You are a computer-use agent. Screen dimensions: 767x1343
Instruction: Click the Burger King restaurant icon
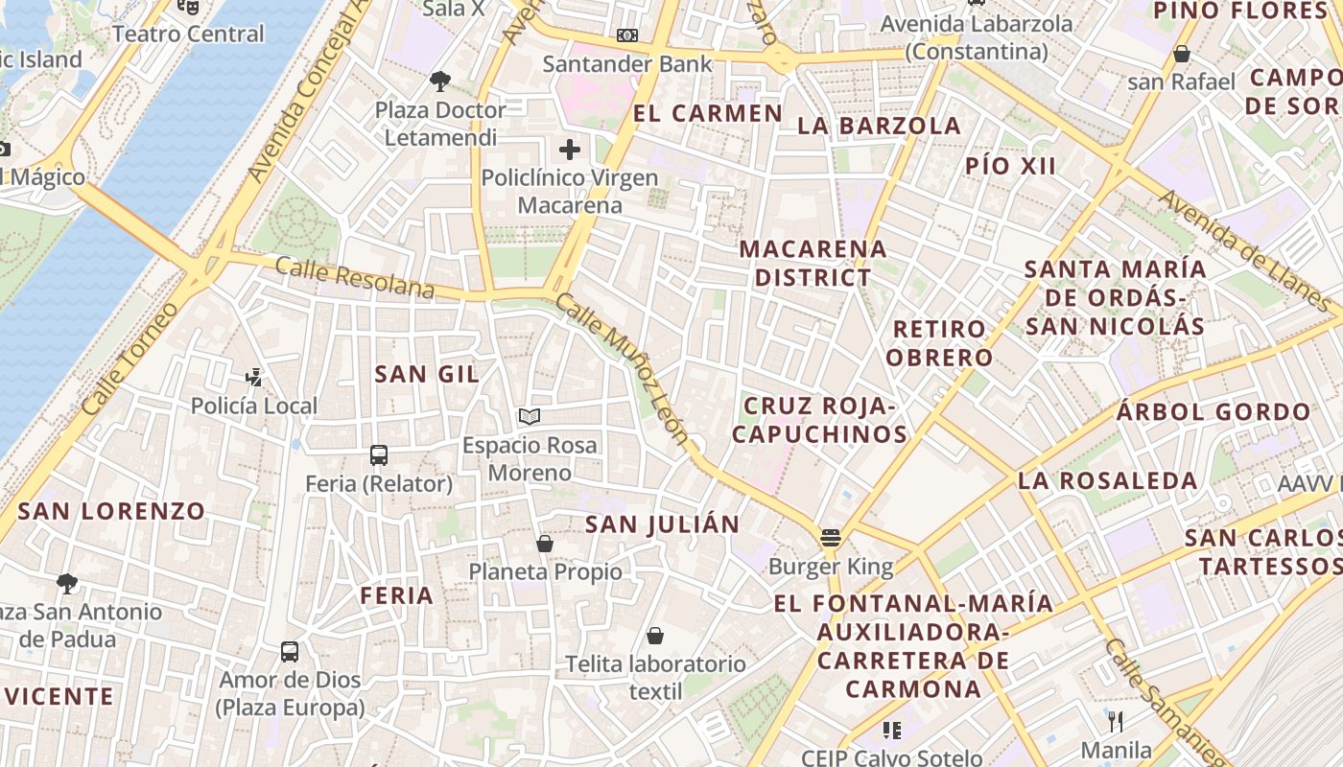pyautogui.click(x=831, y=538)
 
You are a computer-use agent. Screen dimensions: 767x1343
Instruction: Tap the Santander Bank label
pyautogui.click(x=627, y=64)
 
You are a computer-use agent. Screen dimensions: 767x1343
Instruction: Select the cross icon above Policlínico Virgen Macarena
pyautogui.click(x=570, y=150)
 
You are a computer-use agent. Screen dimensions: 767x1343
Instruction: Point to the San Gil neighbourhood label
pyautogui.click(x=427, y=374)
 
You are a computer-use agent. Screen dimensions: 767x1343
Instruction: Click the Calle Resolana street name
pyautogui.click(x=354, y=277)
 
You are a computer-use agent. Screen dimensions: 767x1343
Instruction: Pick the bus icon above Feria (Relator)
pyautogui.click(x=379, y=455)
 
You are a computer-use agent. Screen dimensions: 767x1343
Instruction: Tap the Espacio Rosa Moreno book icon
pyautogui.click(x=530, y=416)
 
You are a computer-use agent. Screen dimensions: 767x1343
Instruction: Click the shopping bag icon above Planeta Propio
pyautogui.click(x=545, y=544)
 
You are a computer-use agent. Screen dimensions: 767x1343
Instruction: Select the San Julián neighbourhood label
pyautogui.click(x=662, y=524)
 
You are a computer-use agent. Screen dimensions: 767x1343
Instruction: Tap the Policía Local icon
pyautogui.click(x=254, y=378)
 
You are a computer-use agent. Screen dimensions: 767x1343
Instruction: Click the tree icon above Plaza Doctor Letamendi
pyautogui.click(x=440, y=81)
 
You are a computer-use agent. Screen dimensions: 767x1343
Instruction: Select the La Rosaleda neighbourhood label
pyautogui.click(x=1108, y=480)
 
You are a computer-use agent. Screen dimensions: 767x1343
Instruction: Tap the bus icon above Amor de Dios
pyautogui.click(x=290, y=652)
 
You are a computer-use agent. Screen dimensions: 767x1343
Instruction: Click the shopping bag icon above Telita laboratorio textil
pyautogui.click(x=655, y=636)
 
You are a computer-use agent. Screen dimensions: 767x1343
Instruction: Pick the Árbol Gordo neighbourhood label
pyautogui.click(x=1213, y=412)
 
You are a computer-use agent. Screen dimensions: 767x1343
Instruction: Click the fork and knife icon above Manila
pyautogui.click(x=1116, y=721)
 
